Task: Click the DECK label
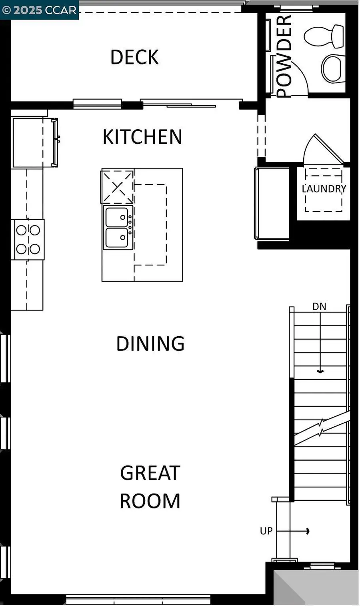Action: pyautogui.click(x=134, y=57)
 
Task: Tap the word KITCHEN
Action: pyautogui.click(x=142, y=137)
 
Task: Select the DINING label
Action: pyautogui.click(x=150, y=344)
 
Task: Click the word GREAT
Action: pyautogui.click(x=150, y=473)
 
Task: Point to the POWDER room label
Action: pyautogui.click(x=284, y=56)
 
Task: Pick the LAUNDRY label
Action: pyautogui.click(x=324, y=189)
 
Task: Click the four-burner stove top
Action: pyautogui.click(x=28, y=239)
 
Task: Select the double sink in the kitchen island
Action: pyautogui.click(x=117, y=227)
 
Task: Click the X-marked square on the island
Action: pyautogui.click(x=117, y=187)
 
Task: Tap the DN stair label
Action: pyautogui.click(x=319, y=307)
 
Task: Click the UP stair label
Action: pyautogui.click(x=266, y=531)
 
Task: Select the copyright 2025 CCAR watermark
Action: pyautogui.click(x=39, y=10)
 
